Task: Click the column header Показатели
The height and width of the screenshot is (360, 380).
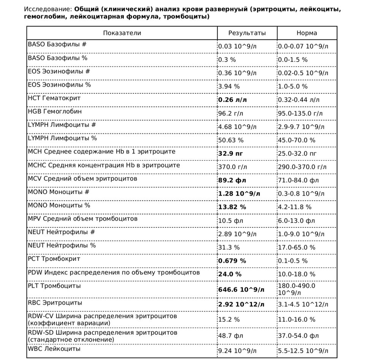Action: click(x=122, y=33)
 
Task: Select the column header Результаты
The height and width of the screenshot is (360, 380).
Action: click(x=247, y=33)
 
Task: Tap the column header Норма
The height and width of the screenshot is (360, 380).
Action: click(x=307, y=33)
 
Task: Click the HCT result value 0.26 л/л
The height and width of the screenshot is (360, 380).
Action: click(x=232, y=100)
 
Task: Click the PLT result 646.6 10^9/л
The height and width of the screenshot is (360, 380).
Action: click(x=241, y=290)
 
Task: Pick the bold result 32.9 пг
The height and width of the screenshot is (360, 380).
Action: click(x=230, y=154)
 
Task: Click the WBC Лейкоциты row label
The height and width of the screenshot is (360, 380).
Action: click(x=54, y=349)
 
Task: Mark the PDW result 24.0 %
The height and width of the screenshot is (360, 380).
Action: click(x=230, y=274)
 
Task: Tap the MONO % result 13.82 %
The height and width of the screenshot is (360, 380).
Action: click(x=232, y=207)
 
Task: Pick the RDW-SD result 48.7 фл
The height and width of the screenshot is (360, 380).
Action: click(x=230, y=336)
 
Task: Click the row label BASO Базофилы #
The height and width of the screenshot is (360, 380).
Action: click(x=57, y=44)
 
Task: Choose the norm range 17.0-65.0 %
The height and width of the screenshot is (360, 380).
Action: click(x=297, y=247)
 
